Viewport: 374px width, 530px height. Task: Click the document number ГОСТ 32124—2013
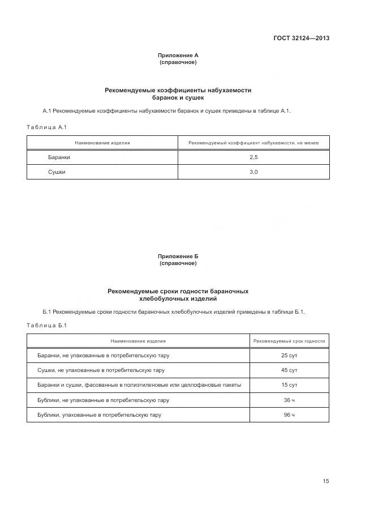[x=301, y=39]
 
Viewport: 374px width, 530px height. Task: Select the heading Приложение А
[x=178, y=55]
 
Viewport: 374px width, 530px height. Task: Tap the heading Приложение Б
[x=178, y=257]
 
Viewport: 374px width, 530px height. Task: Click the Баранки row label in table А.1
[x=59, y=157]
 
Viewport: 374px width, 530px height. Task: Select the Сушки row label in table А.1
[x=57, y=172]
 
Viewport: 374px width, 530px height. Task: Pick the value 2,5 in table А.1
[x=253, y=157]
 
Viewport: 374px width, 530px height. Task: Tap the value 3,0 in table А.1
[x=253, y=172]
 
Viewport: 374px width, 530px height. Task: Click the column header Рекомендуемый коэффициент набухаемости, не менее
[x=253, y=143]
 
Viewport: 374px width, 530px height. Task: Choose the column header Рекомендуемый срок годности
[x=289, y=341]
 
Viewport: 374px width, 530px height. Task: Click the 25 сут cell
[x=289, y=356]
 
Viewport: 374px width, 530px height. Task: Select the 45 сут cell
[x=289, y=370]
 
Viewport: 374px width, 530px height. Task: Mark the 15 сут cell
[x=289, y=385]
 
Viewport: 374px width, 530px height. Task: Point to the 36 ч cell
[x=289, y=400]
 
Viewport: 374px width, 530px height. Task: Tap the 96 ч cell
[x=289, y=414]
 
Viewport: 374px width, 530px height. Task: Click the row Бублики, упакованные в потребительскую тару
[x=100, y=414]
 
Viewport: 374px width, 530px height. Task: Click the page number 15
[x=325, y=481]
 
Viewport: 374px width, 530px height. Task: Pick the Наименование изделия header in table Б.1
[x=138, y=341]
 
